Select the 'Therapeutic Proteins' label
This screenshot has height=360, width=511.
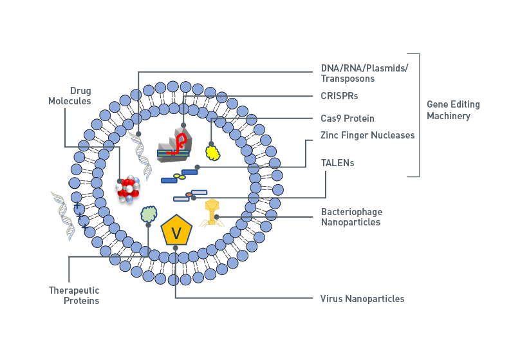pyautogui.click(x=74, y=296)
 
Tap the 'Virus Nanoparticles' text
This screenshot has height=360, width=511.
pyautogui.click(x=362, y=299)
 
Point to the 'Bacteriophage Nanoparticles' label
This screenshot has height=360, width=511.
pyautogui.click(x=351, y=217)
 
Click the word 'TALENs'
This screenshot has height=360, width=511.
pyautogui.click(x=337, y=163)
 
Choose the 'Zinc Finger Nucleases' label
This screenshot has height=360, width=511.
pyautogui.click(x=367, y=135)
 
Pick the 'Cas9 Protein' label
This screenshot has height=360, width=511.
pyautogui.click(x=348, y=118)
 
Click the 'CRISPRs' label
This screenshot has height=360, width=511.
pyautogui.click(x=339, y=96)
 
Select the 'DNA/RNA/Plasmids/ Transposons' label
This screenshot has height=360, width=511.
pyautogui.click(x=365, y=73)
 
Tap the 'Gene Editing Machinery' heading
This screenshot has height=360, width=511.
pyautogui.click(x=453, y=110)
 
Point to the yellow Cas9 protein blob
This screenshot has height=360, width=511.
pyautogui.click(x=212, y=152)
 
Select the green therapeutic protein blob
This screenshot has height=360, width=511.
pyautogui.click(x=149, y=213)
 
